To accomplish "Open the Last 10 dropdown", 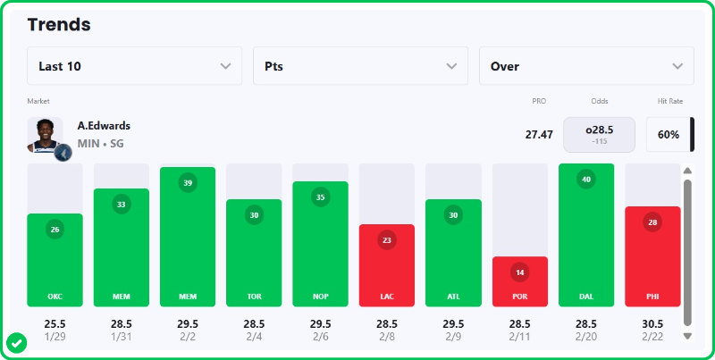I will click(134, 66).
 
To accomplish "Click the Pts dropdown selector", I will click(360, 66).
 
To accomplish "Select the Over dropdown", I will click(586, 66).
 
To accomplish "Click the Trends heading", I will click(59, 24).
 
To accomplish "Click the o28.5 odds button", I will click(599, 134).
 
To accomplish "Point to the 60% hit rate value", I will click(669, 135).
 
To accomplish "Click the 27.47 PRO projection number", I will click(539, 135).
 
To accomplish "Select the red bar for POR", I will click(519, 281).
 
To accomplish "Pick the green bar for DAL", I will click(586, 235).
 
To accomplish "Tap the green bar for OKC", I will click(55, 260).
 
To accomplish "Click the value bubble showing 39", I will click(188, 182).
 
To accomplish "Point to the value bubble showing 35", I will click(320, 197).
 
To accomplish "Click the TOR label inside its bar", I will click(254, 296).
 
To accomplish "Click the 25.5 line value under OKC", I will click(55, 323).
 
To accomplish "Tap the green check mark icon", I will click(16, 342).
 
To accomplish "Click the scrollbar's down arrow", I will click(687, 336).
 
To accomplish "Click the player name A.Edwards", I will click(104, 126).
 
